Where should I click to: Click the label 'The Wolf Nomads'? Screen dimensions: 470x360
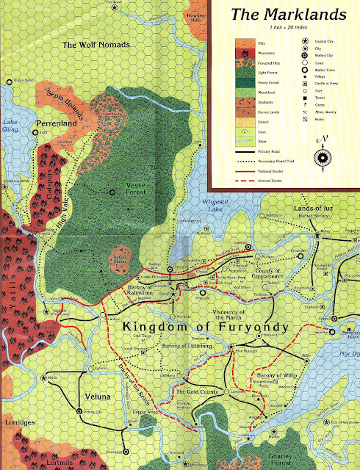96,46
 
